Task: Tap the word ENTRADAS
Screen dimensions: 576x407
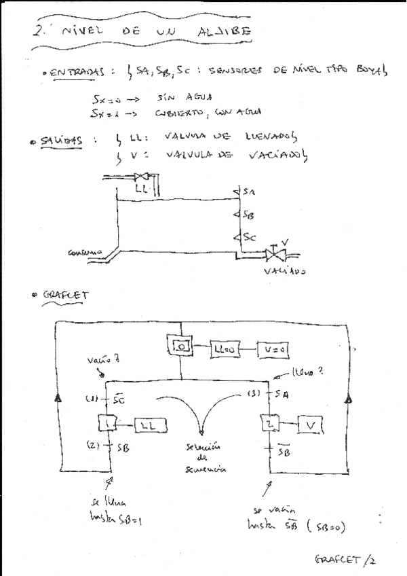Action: click(x=76, y=71)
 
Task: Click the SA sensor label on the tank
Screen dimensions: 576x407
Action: click(x=248, y=192)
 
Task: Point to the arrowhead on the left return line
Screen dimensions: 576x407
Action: click(x=57, y=399)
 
